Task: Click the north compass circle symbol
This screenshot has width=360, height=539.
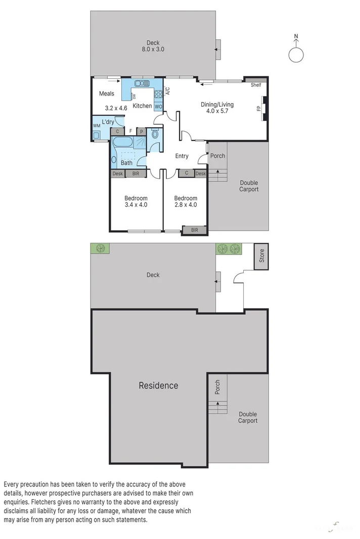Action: tap(296, 55)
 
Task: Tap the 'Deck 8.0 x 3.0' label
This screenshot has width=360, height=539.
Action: tap(153, 46)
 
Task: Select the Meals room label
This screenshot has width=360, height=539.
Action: tap(107, 93)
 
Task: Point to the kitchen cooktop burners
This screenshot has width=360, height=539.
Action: tap(158, 93)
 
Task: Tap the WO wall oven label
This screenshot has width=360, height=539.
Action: tap(158, 107)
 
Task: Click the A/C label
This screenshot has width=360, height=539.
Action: tap(168, 91)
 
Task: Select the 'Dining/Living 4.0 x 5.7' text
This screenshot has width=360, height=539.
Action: tap(217, 108)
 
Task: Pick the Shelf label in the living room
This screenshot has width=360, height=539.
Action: tap(256, 85)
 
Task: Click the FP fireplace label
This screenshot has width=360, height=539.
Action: tap(259, 109)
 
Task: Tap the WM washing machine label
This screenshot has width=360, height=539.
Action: tap(96, 126)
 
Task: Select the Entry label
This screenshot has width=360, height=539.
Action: tap(182, 156)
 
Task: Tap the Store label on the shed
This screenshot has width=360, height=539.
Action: tap(261, 256)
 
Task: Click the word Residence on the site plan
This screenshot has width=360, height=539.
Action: tap(158, 385)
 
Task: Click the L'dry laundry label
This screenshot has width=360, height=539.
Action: tap(108, 122)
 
